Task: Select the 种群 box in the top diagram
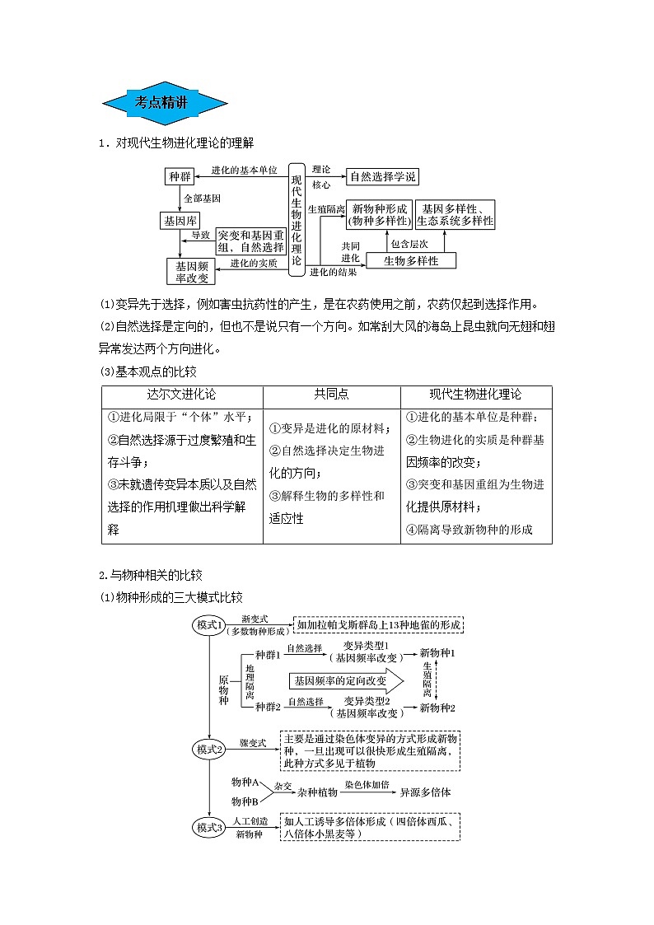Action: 180,177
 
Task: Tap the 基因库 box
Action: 180,221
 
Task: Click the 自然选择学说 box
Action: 383,177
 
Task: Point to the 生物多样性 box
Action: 412,260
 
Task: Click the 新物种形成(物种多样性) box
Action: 378,214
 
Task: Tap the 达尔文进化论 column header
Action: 181,395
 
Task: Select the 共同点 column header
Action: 331,395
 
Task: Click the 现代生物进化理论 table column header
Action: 475,395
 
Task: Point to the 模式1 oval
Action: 210,626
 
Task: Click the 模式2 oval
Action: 210,750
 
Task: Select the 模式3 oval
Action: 210,827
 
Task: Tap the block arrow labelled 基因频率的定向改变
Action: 346,680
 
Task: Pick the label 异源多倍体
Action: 425,792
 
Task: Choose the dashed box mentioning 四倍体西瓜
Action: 371,827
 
